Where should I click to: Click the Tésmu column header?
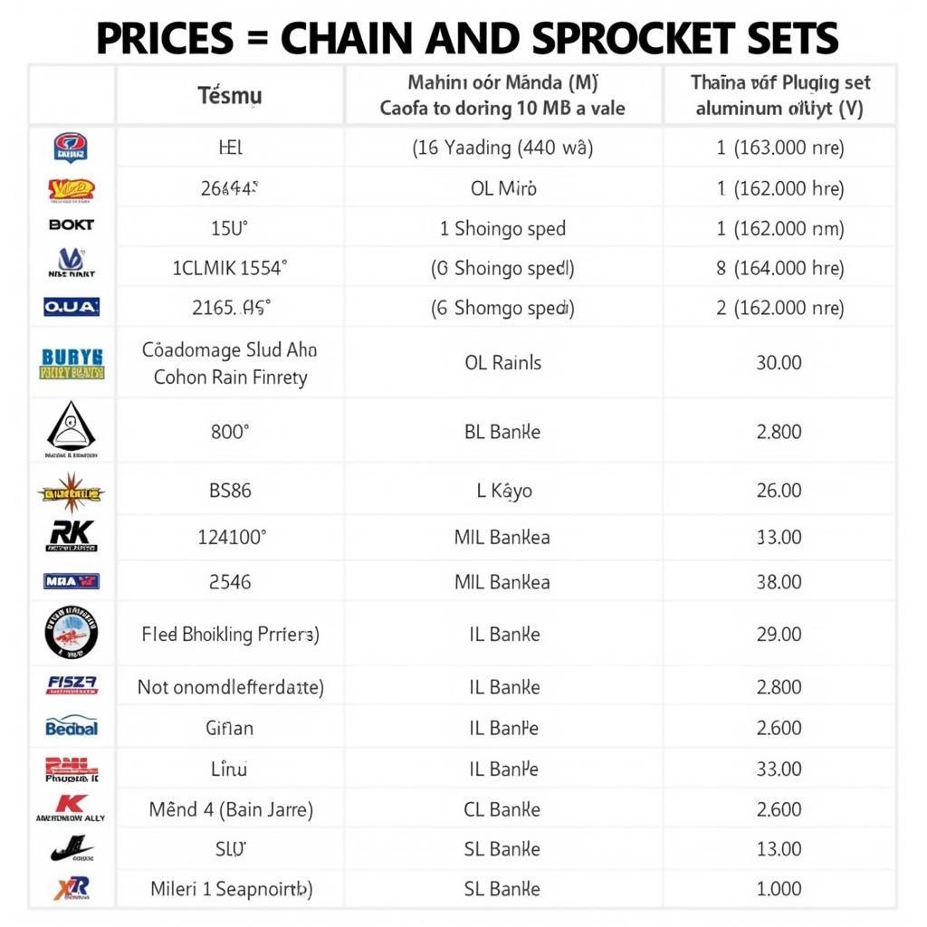click(230, 94)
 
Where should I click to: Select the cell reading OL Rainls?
click(502, 363)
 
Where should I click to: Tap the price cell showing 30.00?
click(779, 363)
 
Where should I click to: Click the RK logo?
click(72, 536)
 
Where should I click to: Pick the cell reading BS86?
click(230, 491)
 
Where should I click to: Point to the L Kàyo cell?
click(503, 491)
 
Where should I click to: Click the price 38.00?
click(779, 582)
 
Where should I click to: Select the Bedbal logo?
click(72, 726)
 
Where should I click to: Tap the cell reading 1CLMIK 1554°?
click(230, 268)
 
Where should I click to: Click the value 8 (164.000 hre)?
click(779, 268)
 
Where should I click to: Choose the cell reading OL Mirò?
click(503, 188)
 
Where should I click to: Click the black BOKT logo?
click(72, 225)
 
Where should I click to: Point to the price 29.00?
click(779, 634)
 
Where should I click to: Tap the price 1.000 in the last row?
click(779, 889)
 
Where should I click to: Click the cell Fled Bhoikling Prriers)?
click(230, 634)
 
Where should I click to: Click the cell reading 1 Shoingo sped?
click(502, 228)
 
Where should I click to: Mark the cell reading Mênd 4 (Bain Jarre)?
click(231, 809)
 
